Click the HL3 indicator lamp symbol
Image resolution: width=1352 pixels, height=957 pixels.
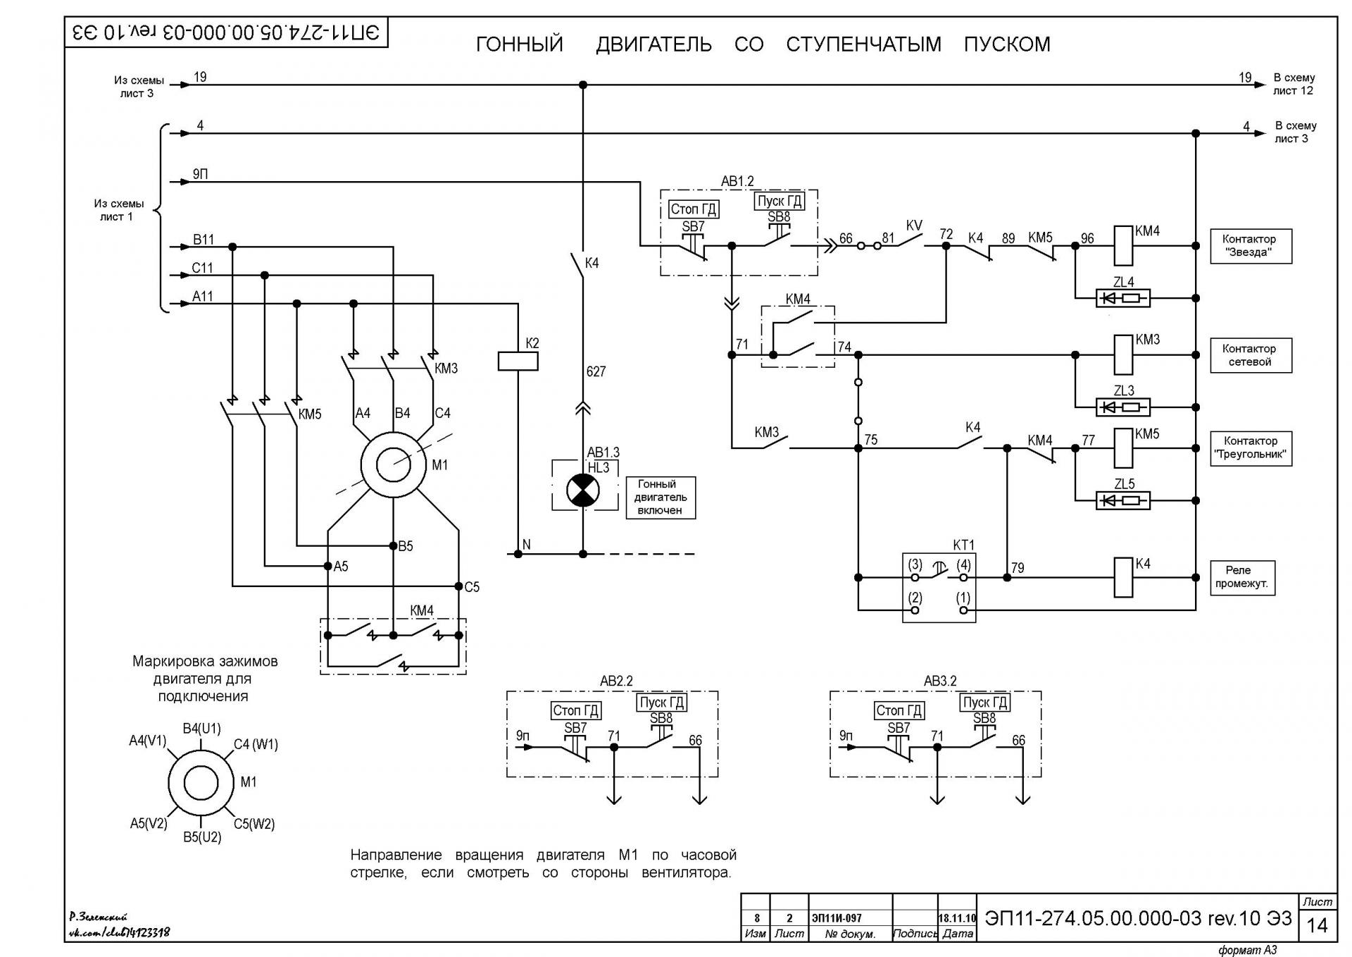(582, 490)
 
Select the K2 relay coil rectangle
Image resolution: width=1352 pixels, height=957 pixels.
(518, 361)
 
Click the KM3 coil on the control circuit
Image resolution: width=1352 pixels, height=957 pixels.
(1123, 354)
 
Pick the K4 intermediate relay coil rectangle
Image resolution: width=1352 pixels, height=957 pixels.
(1123, 577)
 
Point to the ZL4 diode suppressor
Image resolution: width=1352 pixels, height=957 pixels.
(1123, 298)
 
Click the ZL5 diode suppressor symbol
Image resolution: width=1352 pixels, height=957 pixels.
(1123, 500)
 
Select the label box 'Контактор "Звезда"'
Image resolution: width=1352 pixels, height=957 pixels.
(1251, 246)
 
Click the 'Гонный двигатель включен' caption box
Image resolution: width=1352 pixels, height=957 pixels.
(661, 498)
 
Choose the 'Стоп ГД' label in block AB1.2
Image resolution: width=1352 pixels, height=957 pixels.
(694, 209)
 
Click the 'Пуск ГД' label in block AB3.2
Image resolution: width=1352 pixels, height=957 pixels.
(985, 703)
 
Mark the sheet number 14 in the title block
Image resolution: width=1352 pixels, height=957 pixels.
(1317, 925)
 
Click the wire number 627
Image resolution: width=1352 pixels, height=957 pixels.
(596, 371)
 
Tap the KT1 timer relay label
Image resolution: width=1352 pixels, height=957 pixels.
(963, 545)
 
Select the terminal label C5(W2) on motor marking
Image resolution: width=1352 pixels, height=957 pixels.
(254, 824)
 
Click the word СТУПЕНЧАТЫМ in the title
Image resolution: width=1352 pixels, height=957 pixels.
(863, 44)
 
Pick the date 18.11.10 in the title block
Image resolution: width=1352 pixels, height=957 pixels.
(957, 918)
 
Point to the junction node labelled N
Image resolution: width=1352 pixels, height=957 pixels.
(518, 554)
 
